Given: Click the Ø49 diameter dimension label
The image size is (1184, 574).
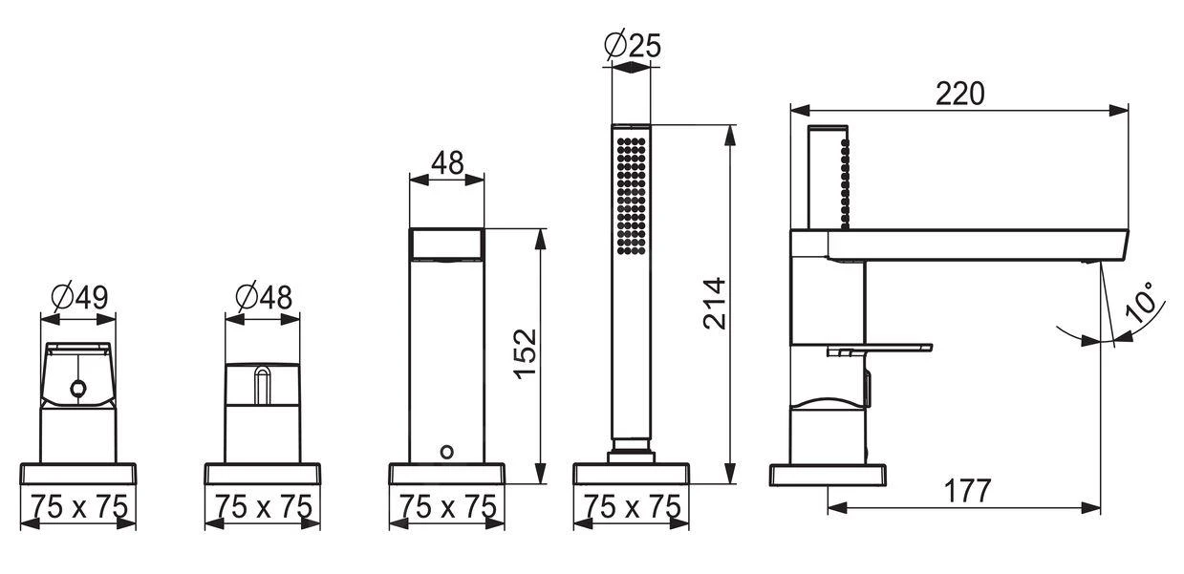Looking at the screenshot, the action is click(x=80, y=297).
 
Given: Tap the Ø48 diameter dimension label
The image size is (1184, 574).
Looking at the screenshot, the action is click(x=264, y=297).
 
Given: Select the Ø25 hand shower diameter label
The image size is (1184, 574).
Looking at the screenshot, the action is click(x=633, y=45).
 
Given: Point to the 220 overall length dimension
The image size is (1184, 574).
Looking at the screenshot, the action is click(x=959, y=95).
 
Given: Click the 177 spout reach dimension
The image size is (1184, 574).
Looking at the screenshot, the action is click(x=967, y=491).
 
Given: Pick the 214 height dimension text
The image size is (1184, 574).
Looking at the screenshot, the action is click(x=715, y=304).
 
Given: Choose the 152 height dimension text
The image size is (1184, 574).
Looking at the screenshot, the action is click(x=526, y=353).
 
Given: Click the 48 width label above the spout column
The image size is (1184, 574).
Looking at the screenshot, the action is click(x=447, y=163).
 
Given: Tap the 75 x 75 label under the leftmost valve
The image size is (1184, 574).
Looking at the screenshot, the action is click(x=80, y=507).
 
